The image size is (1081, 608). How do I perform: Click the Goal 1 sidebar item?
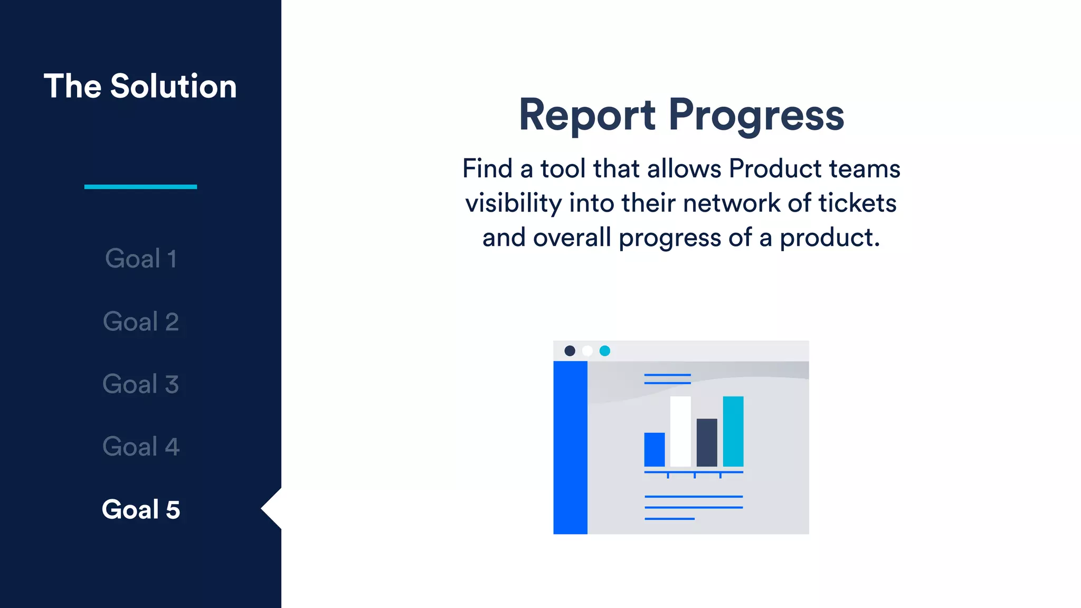click(x=140, y=259)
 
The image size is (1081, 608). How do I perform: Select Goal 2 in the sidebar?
click(x=140, y=321)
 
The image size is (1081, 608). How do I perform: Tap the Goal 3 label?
click(x=140, y=384)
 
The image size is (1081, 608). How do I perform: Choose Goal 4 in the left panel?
click(x=140, y=446)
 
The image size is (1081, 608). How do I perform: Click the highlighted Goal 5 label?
click(x=140, y=509)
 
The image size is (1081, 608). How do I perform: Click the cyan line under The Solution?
click(x=140, y=187)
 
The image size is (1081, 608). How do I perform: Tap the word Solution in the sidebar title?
click(x=173, y=86)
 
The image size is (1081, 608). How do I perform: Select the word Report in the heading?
click(x=587, y=116)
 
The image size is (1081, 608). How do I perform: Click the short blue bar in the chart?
click(x=655, y=450)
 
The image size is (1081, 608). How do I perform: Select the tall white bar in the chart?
click(x=680, y=431)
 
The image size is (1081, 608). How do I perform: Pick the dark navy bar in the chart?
click(x=707, y=442)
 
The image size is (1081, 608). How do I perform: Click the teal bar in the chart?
click(x=733, y=431)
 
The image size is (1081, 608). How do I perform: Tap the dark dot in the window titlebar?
click(x=570, y=351)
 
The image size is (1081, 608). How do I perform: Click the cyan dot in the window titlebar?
click(x=605, y=351)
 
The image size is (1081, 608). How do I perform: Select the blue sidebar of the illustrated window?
click(x=570, y=448)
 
